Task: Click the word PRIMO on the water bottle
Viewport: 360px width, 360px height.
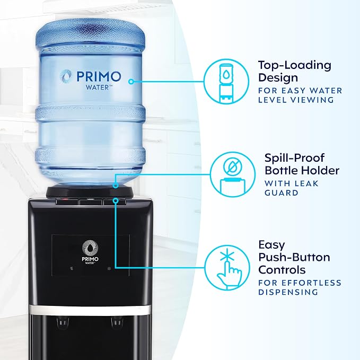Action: [x=99, y=76]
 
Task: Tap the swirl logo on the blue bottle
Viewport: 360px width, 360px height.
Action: [x=66, y=76]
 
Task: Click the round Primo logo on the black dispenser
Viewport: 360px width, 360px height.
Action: [x=90, y=248]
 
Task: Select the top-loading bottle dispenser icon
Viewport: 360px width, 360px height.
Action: [x=226, y=82]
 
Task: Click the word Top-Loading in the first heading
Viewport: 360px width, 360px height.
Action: [x=295, y=65]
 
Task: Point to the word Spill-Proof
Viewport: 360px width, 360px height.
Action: [x=294, y=158]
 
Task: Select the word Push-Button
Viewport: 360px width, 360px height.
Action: [x=294, y=257]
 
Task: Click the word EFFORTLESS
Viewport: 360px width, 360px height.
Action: [x=311, y=283]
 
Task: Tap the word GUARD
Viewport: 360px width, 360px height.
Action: [x=281, y=193]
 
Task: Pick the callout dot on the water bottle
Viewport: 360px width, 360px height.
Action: [x=131, y=82]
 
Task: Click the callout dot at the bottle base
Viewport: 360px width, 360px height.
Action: [x=116, y=185]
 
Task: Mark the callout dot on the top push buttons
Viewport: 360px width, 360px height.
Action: [x=116, y=200]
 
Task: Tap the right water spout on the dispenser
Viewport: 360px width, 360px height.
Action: [x=117, y=322]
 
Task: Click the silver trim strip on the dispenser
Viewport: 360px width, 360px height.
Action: [x=90, y=310]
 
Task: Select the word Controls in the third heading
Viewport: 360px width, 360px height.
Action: [x=282, y=270]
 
